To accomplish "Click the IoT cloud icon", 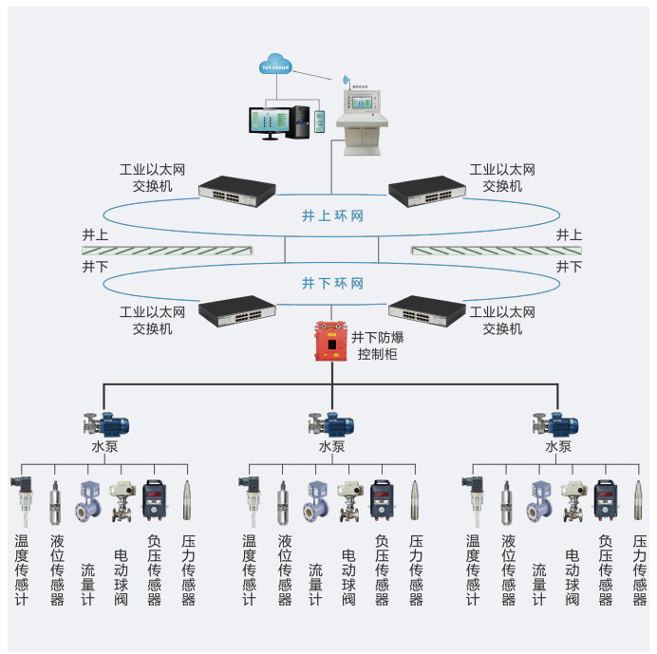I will pos(276,65).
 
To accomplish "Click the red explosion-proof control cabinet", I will pos(330,343).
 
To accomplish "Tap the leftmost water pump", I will pos(105,423).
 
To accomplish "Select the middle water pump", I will pos(331,423).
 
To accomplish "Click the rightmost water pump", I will pos(557,423).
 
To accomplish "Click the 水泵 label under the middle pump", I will pos(331,447).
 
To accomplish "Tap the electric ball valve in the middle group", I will pos(347,501).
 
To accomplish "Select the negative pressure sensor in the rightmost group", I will pos(606,499).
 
